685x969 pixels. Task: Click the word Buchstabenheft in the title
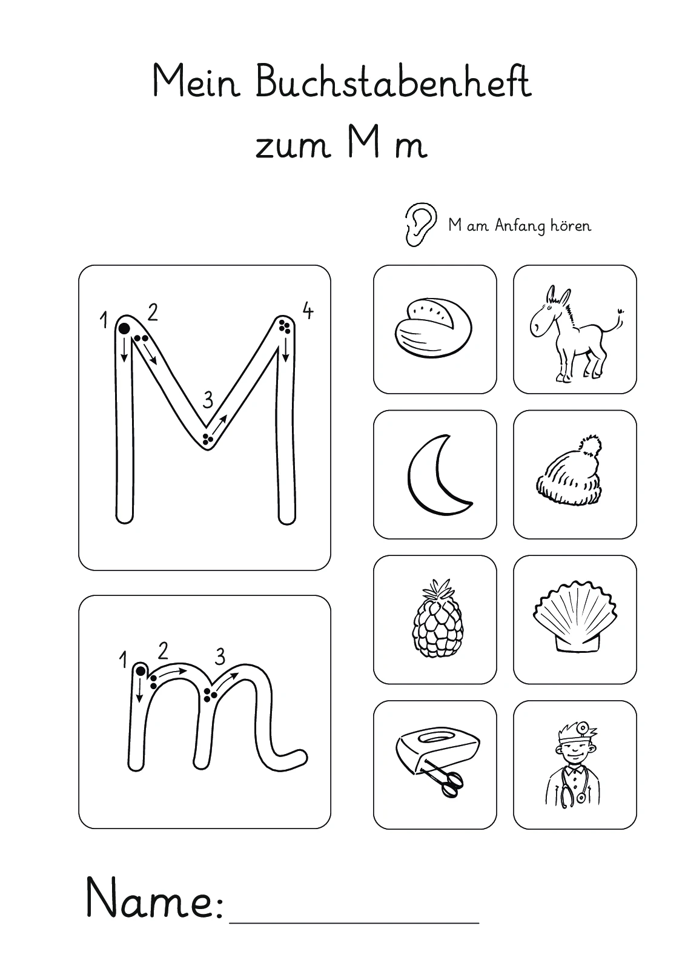(x=394, y=81)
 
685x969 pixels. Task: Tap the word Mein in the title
(x=196, y=81)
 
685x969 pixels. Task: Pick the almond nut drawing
(x=433, y=328)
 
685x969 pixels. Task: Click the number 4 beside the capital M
(x=307, y=311)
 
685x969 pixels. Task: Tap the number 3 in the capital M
(x=208, y=399)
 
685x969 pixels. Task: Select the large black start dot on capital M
(x=124, y=328)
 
